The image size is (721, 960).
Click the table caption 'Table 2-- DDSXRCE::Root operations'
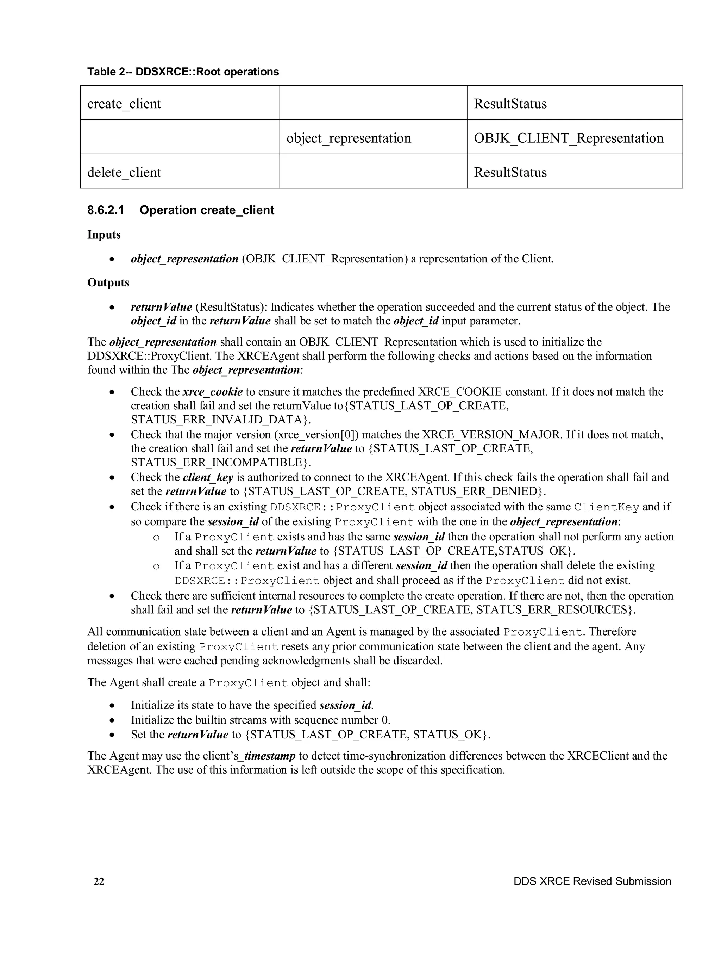(x=183, y=72)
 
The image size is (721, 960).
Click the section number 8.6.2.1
(x=105, y=210)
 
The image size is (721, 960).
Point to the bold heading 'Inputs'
(x=104, y=234)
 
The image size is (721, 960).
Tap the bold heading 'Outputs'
(x=108, y=283)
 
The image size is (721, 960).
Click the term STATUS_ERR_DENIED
(x=474, y=491)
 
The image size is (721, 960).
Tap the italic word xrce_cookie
(x=213, y=392)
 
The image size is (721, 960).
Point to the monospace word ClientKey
(x=607, y=507)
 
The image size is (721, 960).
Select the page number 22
(x=99, y=881)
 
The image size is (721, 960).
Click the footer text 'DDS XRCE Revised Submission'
(x=592, y=881)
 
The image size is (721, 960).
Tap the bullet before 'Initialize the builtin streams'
(x=112, y=720)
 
